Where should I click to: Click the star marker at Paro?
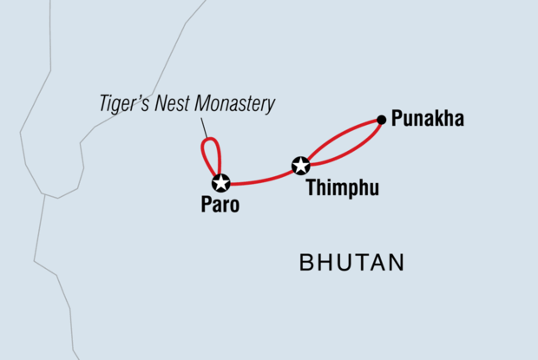pos(220,182)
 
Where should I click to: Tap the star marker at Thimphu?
pos(300,165)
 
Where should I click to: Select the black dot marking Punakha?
pos(381,119)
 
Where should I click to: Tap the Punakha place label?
pos(428,119)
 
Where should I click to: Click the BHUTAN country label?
pos(352,263)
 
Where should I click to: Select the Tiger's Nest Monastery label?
pos(186,105)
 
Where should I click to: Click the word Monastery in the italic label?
pos(235,105)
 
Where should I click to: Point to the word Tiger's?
pos(124,105)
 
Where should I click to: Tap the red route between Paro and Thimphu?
pos(260,180)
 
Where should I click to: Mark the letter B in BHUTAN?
pos(306,263)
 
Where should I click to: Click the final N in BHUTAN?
pos(397,263)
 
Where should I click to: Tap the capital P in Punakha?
pos(397,119)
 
